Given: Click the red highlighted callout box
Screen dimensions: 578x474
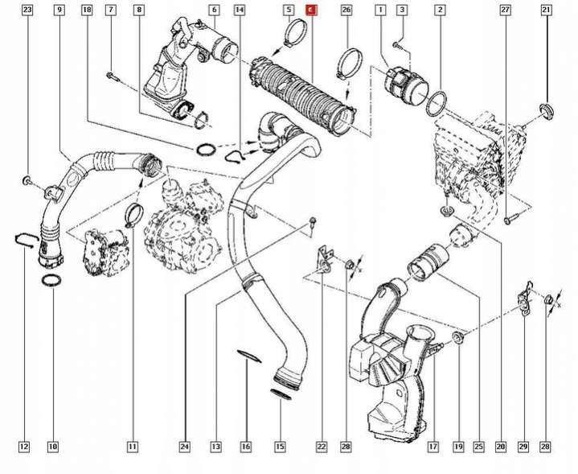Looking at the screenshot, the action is click(311, 10).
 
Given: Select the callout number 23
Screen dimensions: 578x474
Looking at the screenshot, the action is click(27, 10).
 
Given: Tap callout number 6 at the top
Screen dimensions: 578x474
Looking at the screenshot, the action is click(214, 10).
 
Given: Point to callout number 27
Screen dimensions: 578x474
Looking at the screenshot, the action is click(505, 10).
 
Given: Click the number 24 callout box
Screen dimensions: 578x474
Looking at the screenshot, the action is click(185, 447).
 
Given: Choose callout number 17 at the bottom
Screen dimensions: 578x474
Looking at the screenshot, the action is click(433, 447).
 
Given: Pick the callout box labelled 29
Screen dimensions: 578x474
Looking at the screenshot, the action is click(523, 447).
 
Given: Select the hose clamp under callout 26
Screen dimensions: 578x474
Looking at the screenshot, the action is click(349, 62).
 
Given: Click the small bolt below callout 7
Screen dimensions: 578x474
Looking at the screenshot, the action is click(112, 76).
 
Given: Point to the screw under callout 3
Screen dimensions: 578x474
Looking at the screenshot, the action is click(396, 45).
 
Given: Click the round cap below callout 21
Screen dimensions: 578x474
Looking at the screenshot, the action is click(547, 112).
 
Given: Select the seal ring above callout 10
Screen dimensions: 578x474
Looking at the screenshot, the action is click(51, 281).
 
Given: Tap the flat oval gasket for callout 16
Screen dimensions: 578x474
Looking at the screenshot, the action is click(249, 357).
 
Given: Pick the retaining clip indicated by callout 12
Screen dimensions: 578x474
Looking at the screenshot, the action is click(26, 241).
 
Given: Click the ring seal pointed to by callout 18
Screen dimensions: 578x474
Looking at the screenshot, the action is click(206, 150).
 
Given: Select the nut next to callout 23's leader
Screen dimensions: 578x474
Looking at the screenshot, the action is click(27, 181).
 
